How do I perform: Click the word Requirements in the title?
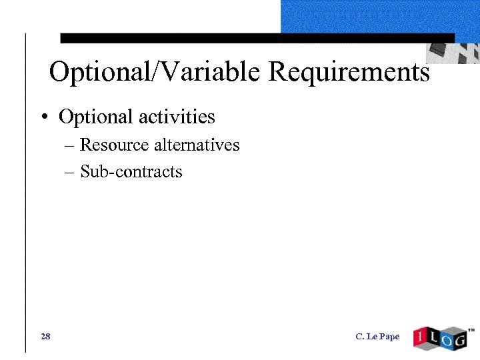(x=349, y=72)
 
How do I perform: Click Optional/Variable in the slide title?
(x=157, y=72)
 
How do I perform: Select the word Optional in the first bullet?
(x=96, y=117)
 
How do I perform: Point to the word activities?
(x=177, y=117)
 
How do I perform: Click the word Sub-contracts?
(x=131, y=171)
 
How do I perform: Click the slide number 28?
(x=45, y=336)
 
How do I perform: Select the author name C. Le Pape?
(x=377, y=336)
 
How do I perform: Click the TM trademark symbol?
(x=471, y=329)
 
